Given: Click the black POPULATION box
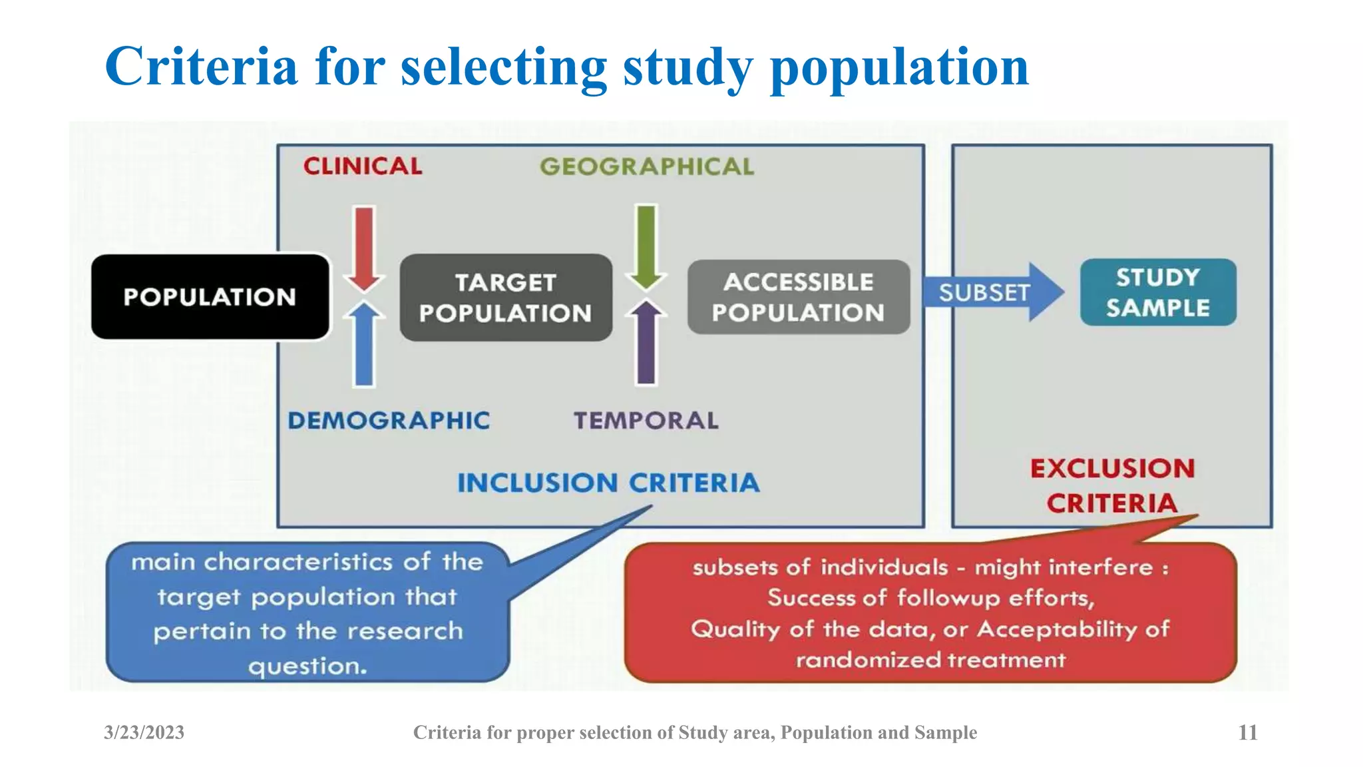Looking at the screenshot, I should tap(210, 297).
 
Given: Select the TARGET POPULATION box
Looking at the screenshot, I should tap(506, 298).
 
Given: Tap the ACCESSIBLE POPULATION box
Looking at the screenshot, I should tap(798, 297).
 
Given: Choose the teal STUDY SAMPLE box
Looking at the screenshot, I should tap(1158, 292).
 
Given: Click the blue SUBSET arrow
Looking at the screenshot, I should tap(992, 292).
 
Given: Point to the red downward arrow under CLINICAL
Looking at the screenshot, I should tap(363, 247).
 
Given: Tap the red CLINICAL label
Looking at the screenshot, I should tap(363, 166).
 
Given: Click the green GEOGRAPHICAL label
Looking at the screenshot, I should tap(647, 166).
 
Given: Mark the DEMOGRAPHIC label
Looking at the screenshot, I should tap(389, 421).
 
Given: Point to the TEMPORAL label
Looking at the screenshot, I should tap(646, 421).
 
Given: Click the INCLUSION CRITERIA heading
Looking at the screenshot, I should tap(608, 483).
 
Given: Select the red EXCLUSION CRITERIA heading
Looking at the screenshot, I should tap(1112, 485).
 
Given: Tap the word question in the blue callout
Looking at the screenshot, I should tap(307, 666).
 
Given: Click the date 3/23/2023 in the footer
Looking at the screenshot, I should tap(144, 732).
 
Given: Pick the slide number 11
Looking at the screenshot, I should tap(1247, 732).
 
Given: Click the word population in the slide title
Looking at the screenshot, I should tap(899, 67).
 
